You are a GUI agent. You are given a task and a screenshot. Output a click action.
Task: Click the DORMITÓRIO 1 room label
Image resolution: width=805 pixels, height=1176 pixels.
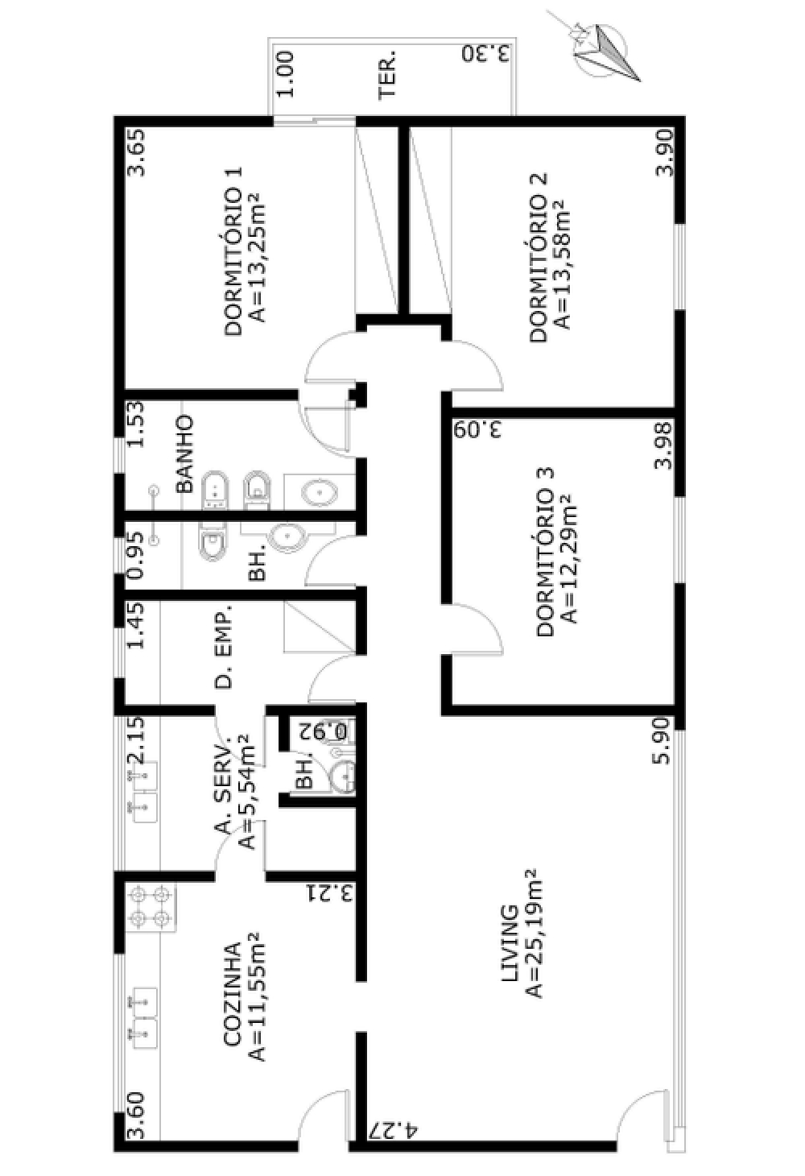233,251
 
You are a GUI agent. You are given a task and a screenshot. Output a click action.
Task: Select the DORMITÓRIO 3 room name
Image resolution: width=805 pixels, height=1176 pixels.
545,553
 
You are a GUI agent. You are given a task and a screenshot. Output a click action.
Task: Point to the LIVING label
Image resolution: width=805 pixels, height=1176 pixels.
510,950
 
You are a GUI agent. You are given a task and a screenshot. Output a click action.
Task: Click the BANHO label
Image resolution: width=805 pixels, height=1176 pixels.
184,454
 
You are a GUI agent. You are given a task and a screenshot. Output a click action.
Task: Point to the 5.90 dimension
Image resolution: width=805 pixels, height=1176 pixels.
663,741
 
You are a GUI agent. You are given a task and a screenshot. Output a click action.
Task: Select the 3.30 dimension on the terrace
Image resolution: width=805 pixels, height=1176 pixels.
486,54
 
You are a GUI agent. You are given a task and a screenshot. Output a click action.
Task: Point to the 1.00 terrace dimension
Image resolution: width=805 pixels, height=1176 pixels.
286,75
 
